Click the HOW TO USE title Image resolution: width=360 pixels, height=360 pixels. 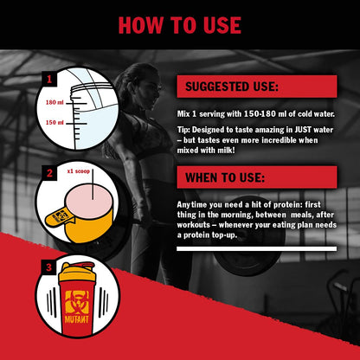pos(180,25)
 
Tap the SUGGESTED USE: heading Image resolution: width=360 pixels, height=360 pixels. pos(232,87)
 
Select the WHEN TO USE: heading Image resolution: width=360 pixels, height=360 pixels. pos(225,177)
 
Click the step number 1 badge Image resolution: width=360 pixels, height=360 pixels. pos(49,79)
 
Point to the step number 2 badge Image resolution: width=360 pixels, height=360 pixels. pos(49,173)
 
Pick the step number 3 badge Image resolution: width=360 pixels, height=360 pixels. pos(48,267)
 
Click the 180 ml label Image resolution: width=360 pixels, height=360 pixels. pos(55,102)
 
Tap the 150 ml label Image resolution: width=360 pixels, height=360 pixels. pos(55,123)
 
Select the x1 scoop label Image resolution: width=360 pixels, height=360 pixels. pos(79,171)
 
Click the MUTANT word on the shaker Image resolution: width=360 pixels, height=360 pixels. pos(77,319)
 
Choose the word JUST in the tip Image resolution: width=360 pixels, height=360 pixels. pos(303,130)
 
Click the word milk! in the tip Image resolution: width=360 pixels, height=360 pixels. pos(227,151)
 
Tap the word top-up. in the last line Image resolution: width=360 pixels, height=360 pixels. pos(224,235)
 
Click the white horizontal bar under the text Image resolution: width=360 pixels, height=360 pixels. pos(256,248)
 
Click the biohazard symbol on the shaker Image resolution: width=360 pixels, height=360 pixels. pos(77,302)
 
